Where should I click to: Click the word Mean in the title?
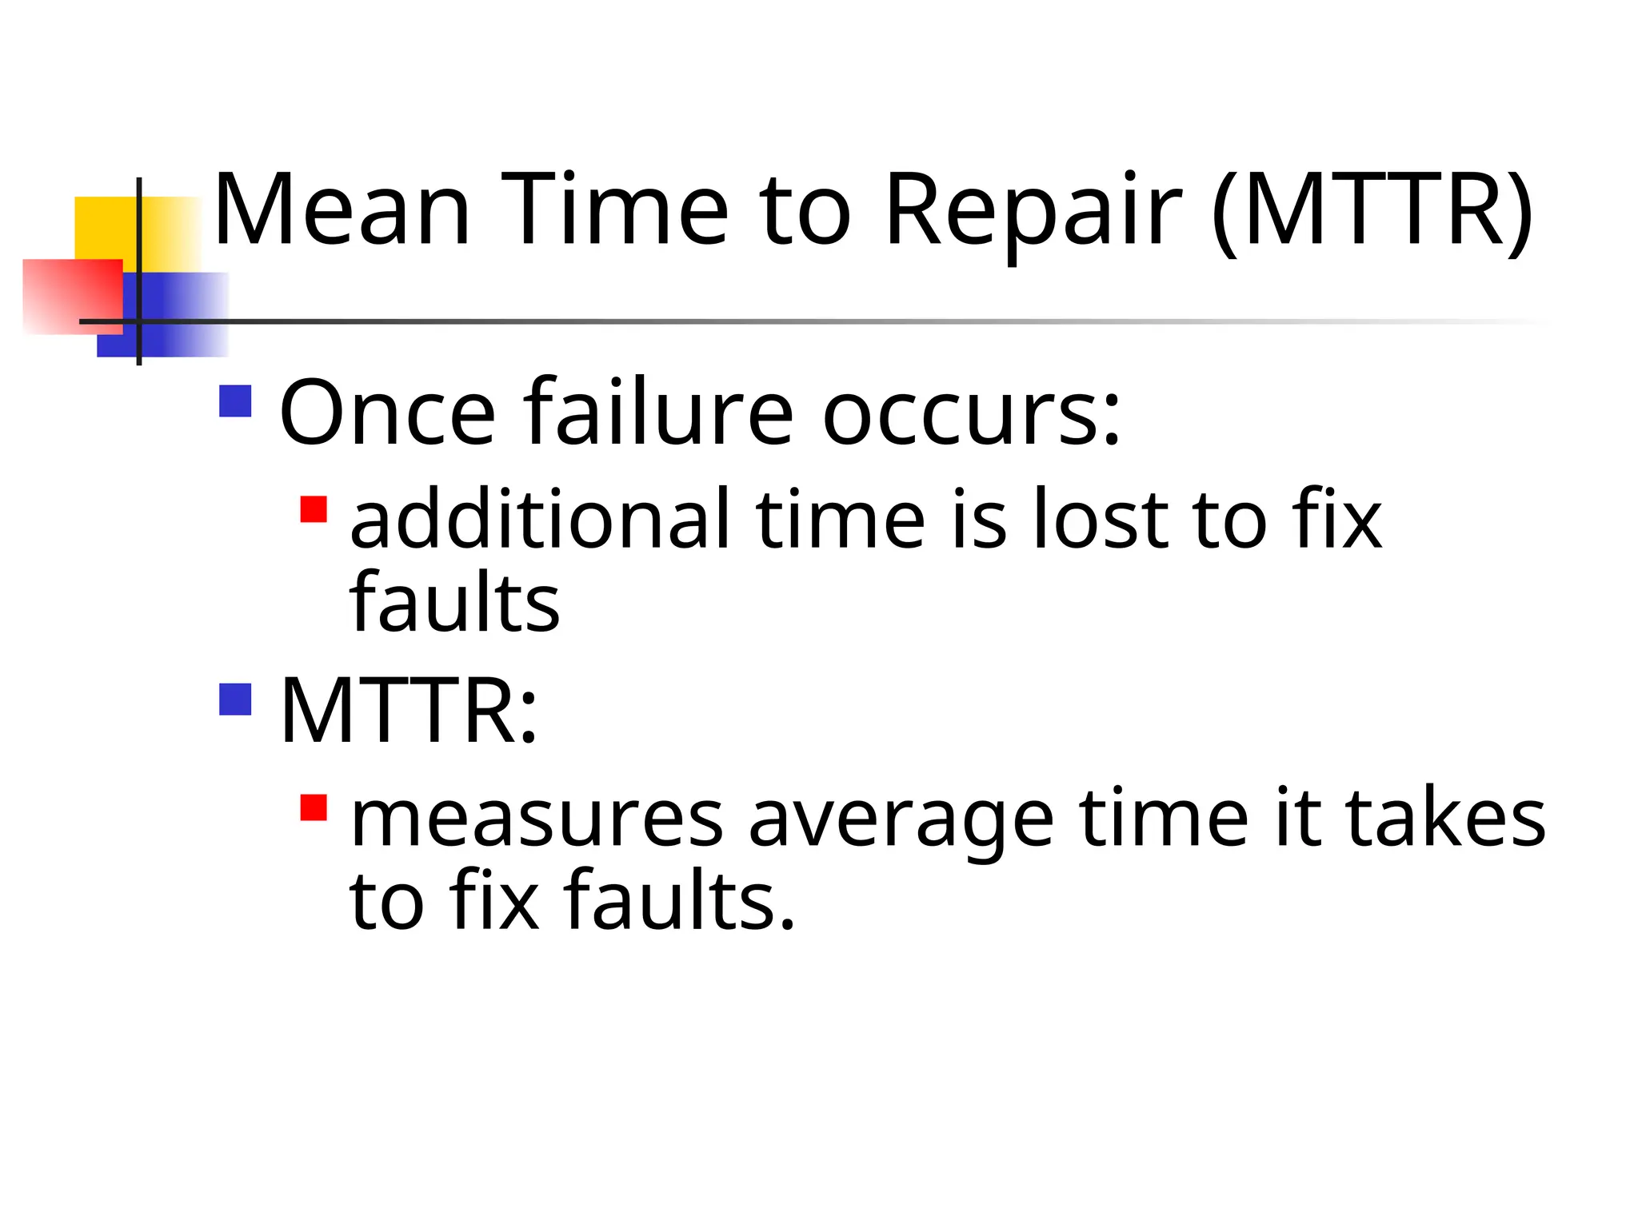[342, 209]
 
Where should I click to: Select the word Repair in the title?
[1033, 209]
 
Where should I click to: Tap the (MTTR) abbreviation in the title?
[1372, 209]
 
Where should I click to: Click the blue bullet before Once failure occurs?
[235, 401]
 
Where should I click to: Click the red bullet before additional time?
[314, 509]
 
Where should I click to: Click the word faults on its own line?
[454, 603]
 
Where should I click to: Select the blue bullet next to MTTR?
[235, 699]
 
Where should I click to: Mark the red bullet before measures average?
[314, 807]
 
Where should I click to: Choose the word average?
[901, 819]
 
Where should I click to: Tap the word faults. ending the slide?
[680, 901]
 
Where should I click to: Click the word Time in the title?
[615, 209]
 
